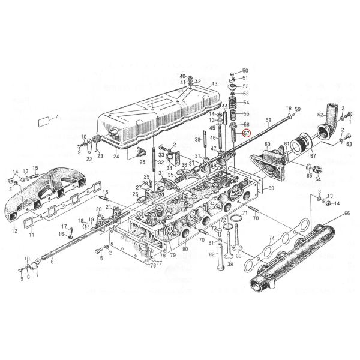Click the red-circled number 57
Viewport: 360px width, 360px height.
point(245,134)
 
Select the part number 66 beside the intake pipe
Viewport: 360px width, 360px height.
point(346,213)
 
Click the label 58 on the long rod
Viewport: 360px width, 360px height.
point(268,121)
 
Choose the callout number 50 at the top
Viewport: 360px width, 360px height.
point(245,71)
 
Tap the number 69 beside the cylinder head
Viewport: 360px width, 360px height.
point(271,188)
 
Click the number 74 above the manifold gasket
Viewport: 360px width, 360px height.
point(271,238)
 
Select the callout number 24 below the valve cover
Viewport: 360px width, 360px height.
point(117,157)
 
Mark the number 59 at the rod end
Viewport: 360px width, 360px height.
point(297,109)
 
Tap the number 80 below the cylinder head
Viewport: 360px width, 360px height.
point(184,248)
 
